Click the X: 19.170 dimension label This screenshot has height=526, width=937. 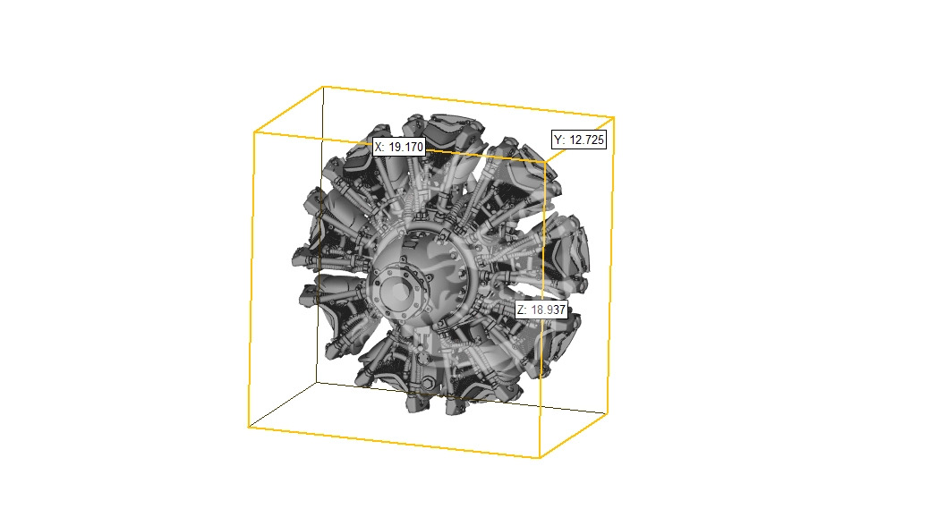click(x=398, y=147)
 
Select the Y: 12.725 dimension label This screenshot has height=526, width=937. click(x=579, y=140)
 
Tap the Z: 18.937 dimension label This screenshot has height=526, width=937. click(x=541, y=310)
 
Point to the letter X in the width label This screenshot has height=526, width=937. click(x=379, y=147)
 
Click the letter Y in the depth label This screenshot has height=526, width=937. click(x=558, y=140)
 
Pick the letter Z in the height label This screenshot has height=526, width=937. click(x=521, y=310)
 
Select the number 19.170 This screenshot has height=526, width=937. click(x=405, y=147)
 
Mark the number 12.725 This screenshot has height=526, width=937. click(x=587, y=140)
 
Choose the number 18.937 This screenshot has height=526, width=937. click(x=548, y=310)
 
